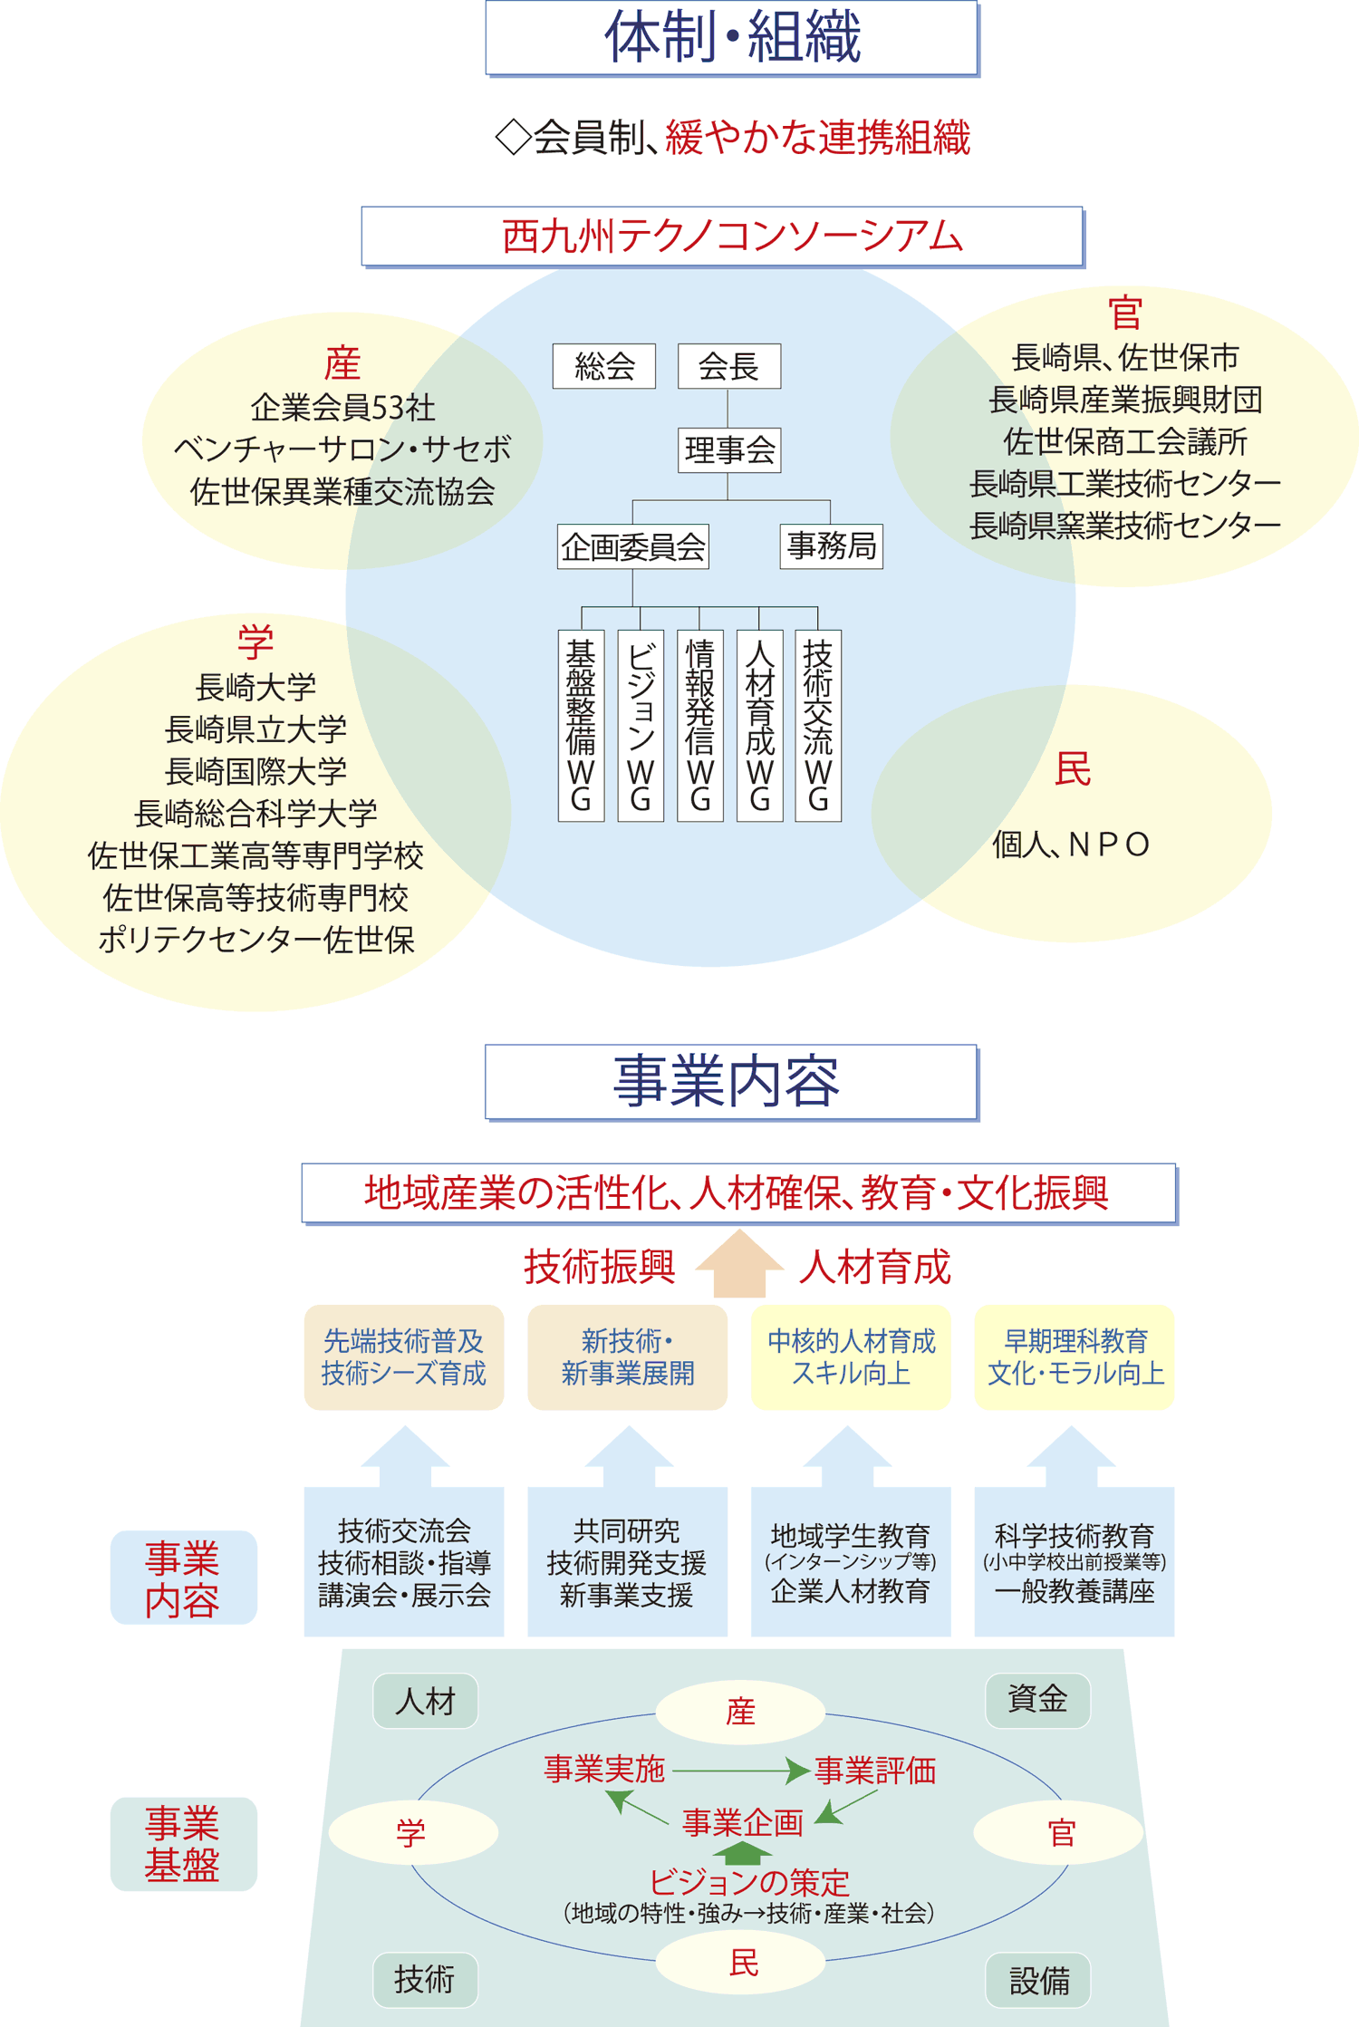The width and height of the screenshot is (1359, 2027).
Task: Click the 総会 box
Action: (x=604, y=366)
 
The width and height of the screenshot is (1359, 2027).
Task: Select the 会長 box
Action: (x=729, y=366)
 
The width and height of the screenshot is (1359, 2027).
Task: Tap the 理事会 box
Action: (x=729, y=449)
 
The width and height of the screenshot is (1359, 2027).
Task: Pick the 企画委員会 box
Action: (x=632, y=546)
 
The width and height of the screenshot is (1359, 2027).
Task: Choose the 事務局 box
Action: (x=831, y=546)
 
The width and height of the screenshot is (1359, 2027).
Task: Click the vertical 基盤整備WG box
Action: (x=581, y=725)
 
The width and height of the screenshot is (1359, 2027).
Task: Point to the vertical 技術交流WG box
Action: (x=818, y=725)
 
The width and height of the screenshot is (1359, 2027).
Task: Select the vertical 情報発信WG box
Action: (x=700, y=725)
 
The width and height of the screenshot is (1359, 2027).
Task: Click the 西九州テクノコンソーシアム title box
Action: (x=722, y=236)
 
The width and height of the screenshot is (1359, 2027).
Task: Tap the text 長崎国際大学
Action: (x=255, y=771)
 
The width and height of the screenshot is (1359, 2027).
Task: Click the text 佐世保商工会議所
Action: (x=1124, y=441)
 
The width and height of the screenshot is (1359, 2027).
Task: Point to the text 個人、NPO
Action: (x=1071, y=845)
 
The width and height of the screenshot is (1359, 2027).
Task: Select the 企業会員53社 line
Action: (x=342, y=408)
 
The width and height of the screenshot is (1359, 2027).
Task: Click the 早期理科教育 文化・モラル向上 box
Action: (x=1075, y=1356)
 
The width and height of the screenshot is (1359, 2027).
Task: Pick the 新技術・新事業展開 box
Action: (x=627, y=1356)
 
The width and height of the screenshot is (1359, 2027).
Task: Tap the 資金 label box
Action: (x=1037, y=1700)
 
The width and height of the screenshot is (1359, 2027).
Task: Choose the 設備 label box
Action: (x=1037, y=1980)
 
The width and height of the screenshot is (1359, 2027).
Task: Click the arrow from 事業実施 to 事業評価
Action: (x=741, y=1770)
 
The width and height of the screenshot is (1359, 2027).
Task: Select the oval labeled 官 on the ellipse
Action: (x=1058, y=1832)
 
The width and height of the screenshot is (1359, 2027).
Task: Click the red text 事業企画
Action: (x=743, y=1822)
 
